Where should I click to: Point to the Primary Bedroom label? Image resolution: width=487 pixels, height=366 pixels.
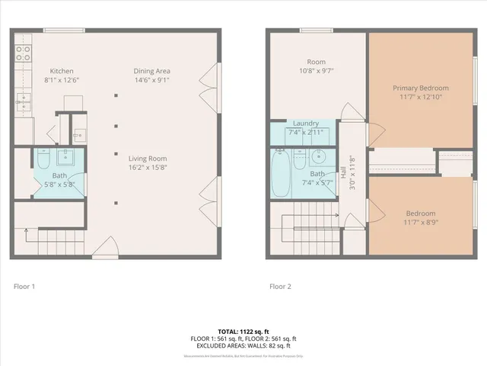[x=421, y=88]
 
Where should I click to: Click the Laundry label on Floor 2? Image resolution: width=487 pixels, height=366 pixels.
[x=305, y=123]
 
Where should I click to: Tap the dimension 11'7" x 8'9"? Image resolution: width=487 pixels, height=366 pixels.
[x=420, y=222]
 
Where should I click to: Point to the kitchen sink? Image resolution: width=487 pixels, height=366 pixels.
[x=22, y=98]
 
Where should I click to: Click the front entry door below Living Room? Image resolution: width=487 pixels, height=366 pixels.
[x=105, y=248]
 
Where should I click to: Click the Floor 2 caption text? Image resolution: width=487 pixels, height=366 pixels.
[x=280, y=287]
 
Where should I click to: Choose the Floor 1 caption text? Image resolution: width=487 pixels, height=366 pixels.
[x=24, y=287]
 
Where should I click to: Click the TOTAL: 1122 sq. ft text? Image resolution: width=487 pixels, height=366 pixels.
[x=243, y=331]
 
